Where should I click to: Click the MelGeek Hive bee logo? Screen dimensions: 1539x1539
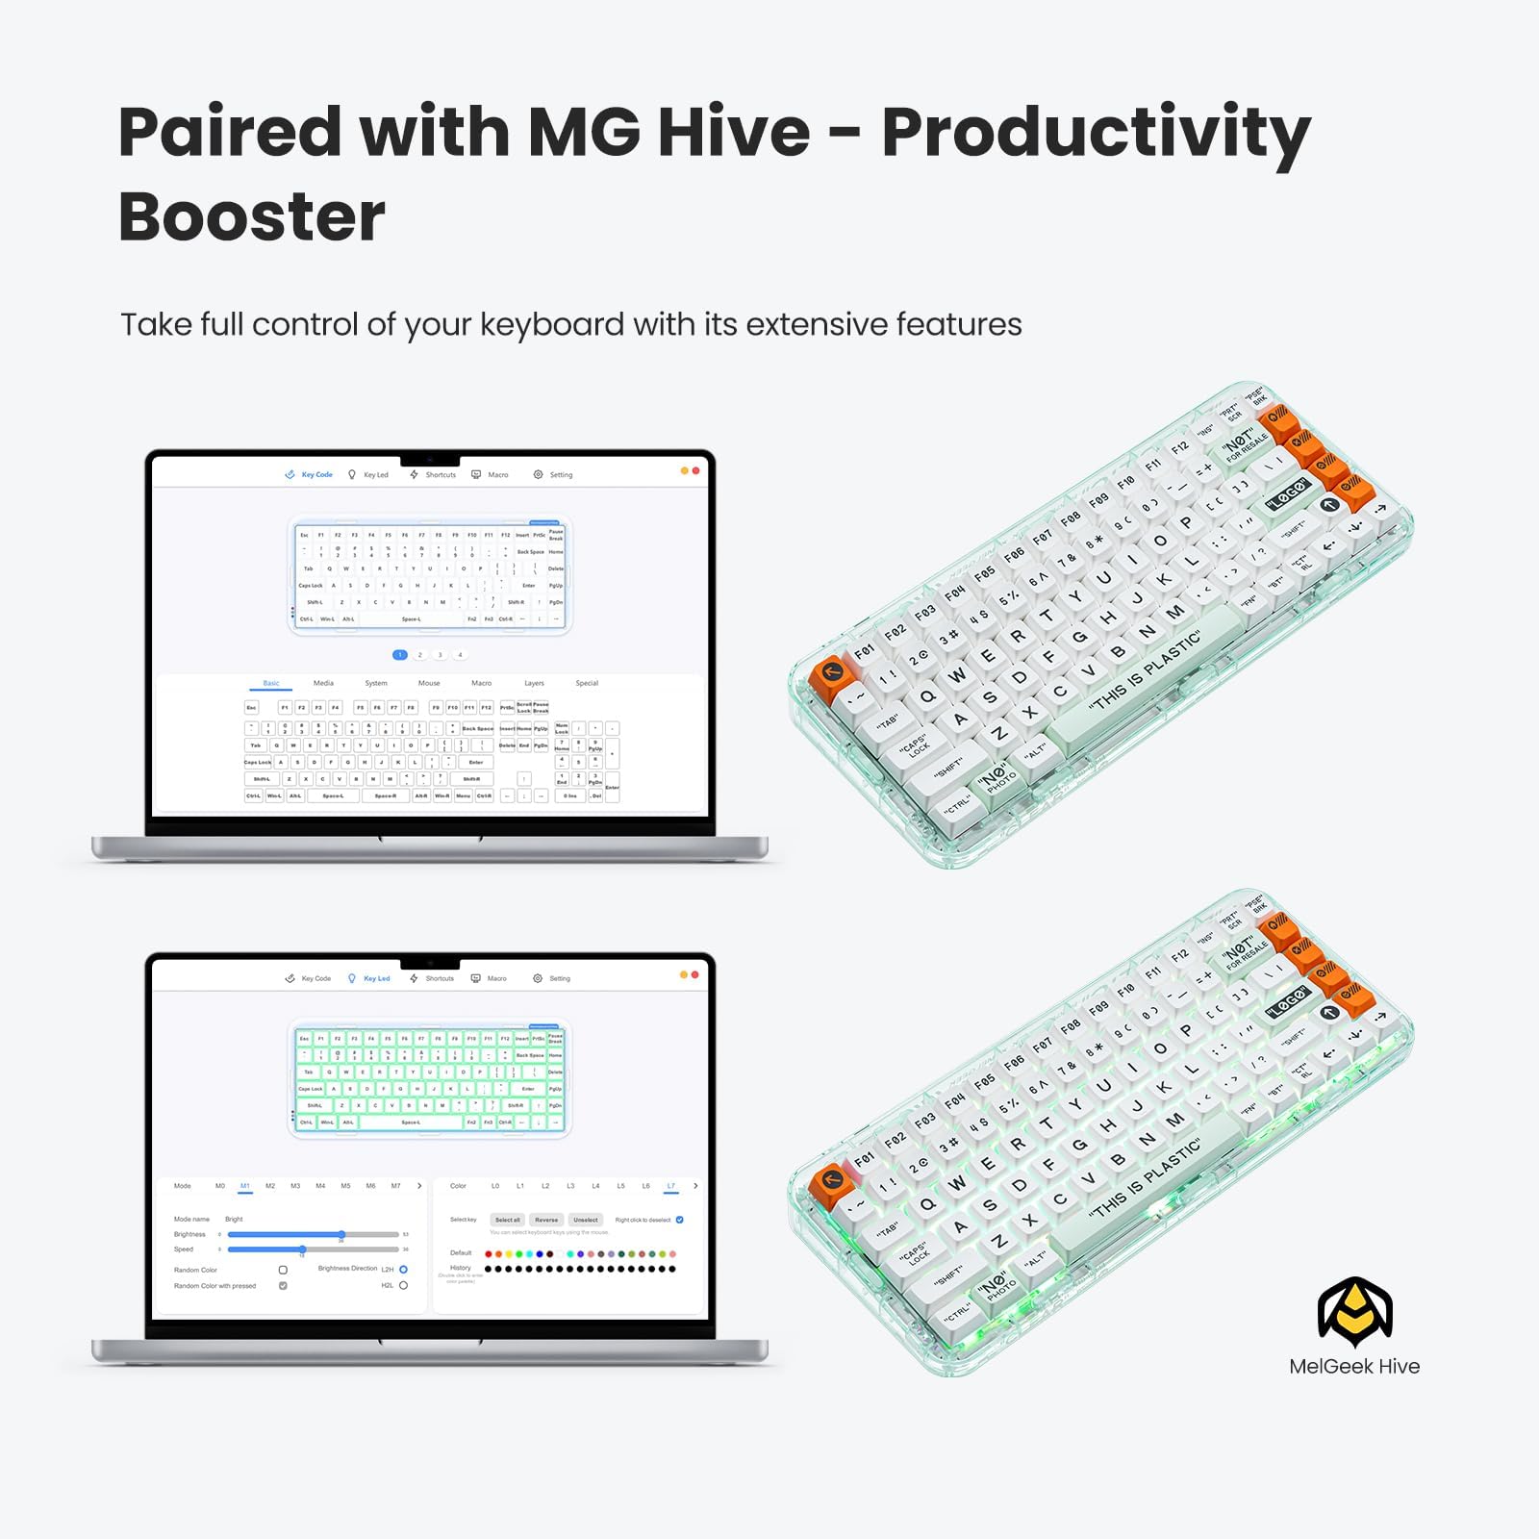pos(1354,1312)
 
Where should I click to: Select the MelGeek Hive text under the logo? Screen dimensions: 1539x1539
pos(1354,1367)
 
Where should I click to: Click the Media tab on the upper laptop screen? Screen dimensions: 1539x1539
pos(323,683)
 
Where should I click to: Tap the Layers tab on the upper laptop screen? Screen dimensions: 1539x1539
pos(534,683)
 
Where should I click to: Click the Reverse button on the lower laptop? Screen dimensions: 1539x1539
pos(546,1220)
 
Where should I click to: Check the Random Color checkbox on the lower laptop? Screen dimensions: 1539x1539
pos(283,1271)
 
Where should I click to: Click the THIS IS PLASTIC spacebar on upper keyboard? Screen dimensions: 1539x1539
pos(1145,673)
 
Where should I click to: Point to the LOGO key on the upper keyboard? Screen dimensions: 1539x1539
pos(1288,493)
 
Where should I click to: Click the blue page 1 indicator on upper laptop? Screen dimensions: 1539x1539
pos(400,655)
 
